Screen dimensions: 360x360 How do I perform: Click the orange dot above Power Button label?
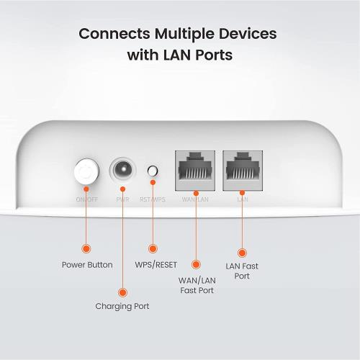click(86, 248)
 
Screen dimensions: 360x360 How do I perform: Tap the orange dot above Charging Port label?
click(122, 292)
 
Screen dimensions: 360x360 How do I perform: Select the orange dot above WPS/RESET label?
click(152, 248)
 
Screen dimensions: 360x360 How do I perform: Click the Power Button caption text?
click(86, 265)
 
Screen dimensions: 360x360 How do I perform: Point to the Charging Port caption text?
click(122, 307)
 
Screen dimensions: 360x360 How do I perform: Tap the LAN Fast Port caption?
click(242, 271)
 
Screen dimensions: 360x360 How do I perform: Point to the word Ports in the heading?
click(212, 55)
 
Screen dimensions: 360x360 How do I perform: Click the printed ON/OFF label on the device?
click(86, 199)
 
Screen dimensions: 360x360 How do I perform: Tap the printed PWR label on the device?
click(122, 199)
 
